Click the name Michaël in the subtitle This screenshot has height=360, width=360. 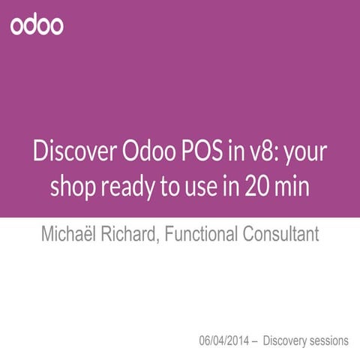tap(69, 233)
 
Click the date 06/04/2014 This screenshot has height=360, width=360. tap(224, 340)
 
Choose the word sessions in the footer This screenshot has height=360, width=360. tap(331, 340)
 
